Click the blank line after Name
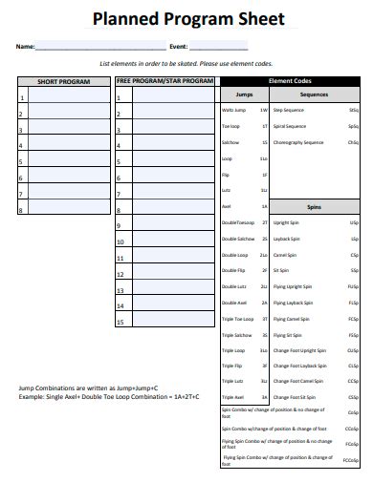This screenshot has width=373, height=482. [x=100, y=47]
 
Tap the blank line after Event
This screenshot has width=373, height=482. [x=219, y=47]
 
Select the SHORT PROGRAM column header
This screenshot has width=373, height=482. [x=63, y=82]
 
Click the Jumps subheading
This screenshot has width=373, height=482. [x=244, y=95]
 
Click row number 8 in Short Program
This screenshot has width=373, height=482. [x=21, y=209]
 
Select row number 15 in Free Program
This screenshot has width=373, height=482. [x=121, y=322]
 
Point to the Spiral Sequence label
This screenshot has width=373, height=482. [x=292, y=127]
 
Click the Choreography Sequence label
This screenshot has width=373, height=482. [x=298, y=142]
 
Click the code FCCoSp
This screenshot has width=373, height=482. [x=351, y=460]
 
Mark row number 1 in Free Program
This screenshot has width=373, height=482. [x=121, y=97]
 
